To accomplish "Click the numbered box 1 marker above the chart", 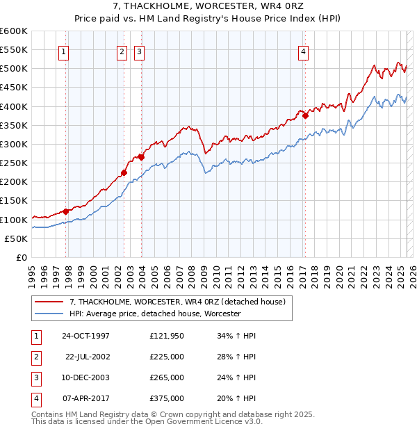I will click(x=64, y=51).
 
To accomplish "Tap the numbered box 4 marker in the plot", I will click(x=304, y=51).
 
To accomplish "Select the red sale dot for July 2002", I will click(x=124, y=172).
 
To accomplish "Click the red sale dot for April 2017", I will click(x=305, y=116).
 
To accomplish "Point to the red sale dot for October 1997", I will click(x=66, y=211).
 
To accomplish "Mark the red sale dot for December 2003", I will click(x=141, y=157).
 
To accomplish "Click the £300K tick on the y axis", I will click(x=14, y=144).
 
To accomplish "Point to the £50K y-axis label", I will click(x=16, y=238).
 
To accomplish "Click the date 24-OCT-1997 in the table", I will click(x=85, y=336).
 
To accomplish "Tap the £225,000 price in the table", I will click(x=167, y=357).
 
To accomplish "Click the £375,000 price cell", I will click(x=167, y=398).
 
